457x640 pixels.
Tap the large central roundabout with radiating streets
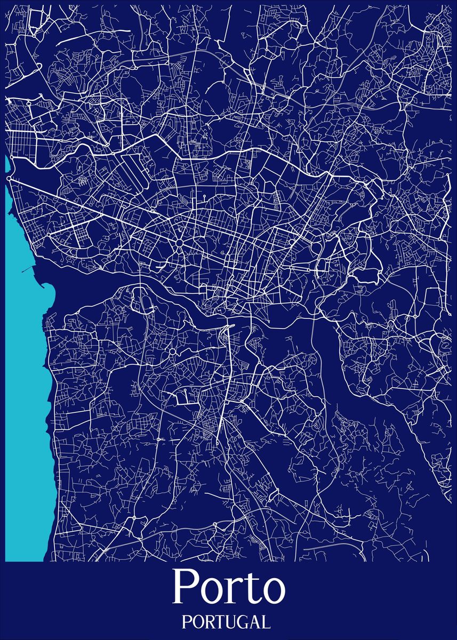(x=179, y=243)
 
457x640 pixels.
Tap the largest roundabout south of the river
(x=173, y=353)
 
